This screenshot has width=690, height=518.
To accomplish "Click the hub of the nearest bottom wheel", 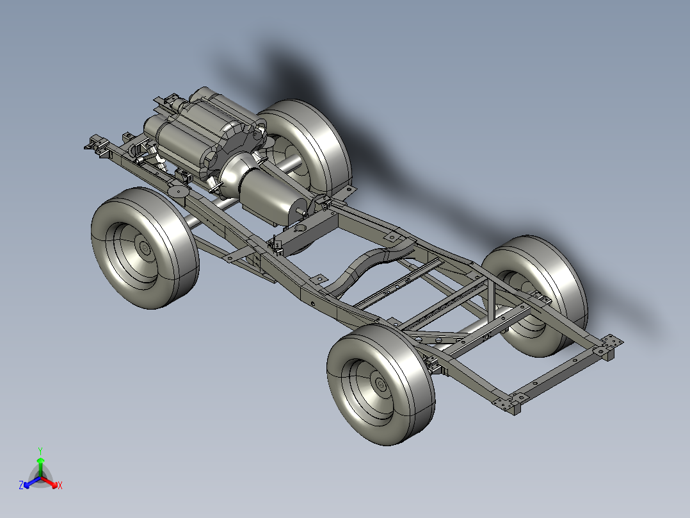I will point(381,384).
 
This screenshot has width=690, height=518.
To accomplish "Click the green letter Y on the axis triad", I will point(40,451).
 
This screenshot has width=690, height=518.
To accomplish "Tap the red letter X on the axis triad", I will point(60,486).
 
